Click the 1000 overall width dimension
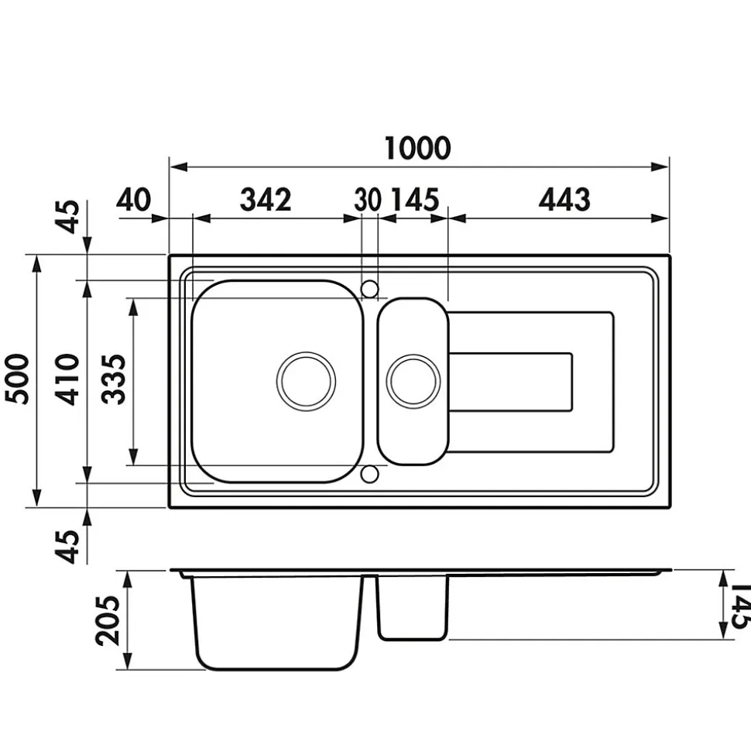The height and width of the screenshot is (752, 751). tap(418, 148)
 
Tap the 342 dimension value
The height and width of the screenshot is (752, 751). tap(266, 200)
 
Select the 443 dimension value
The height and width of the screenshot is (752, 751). tap(564, 200)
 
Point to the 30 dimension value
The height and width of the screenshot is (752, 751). tap(368, 200)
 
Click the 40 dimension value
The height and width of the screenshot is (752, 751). tap(133, 200)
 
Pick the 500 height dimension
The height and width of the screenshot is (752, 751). tap(17, 379)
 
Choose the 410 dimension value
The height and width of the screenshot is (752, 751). tap(67, 379)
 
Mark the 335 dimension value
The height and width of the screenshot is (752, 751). tap(115, 379)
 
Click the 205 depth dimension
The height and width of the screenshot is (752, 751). tap(108, 620)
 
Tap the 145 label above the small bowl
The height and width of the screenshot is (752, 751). tap(415, 200)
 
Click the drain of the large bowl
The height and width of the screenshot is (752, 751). tap(306, 381)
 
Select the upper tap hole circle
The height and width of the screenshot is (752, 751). tap(369, 289)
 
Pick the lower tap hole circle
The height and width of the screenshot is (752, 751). tap(369, 474)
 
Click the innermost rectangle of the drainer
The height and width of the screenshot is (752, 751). tap(510, 383)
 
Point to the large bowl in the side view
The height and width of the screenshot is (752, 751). tap(276, 623)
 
